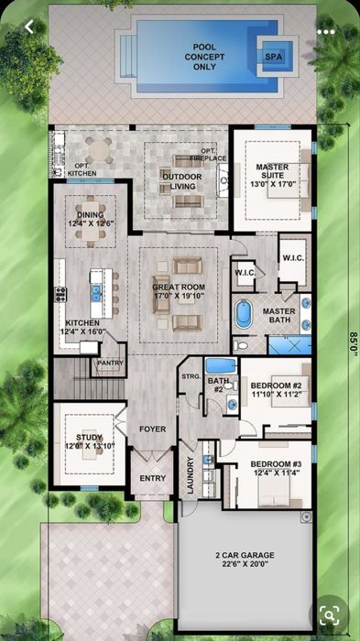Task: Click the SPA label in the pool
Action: coord(274,57)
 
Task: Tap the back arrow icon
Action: coord(28,27)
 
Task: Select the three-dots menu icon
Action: coord(326,32)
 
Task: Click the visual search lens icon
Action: coord(330,614)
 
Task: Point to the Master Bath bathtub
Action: coord(244,314)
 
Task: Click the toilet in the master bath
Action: coord(241,346)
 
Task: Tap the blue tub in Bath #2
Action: coord(221,365)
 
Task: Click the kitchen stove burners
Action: coord(60,294)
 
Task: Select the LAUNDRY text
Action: coord(191,475)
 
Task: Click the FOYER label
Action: coord(153,429)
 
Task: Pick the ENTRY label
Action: coord(153,478)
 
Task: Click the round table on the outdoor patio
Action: coord(100,150)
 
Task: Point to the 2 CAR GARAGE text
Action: coord(245,555)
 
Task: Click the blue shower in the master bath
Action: coord(289,345)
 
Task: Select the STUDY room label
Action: coord(89,438)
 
